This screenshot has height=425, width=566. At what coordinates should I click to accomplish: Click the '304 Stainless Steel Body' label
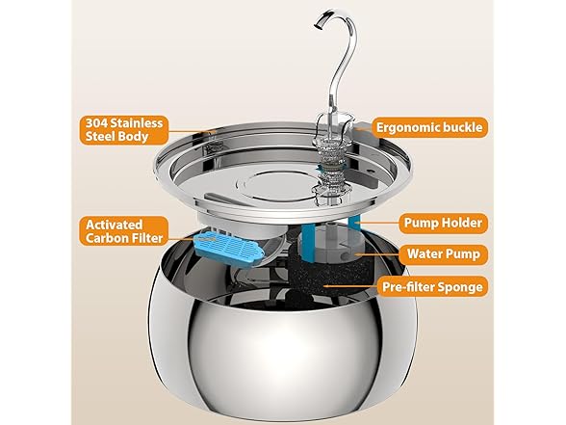click(124, 130)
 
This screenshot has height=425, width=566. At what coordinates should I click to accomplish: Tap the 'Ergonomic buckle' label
click(429, 127)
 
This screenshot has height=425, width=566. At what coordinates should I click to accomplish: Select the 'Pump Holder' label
click(443, 223)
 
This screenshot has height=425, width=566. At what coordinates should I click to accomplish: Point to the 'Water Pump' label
click(443, 254)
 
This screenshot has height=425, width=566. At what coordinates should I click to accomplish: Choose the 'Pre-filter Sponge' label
click(432, 287)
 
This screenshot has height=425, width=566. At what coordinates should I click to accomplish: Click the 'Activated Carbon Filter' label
click(124, 231)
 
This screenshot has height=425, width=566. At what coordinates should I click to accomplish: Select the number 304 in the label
click(96, 123)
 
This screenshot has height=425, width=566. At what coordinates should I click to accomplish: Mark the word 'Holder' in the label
click(464, 223)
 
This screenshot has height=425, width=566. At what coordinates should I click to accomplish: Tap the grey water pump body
click(330, 245)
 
